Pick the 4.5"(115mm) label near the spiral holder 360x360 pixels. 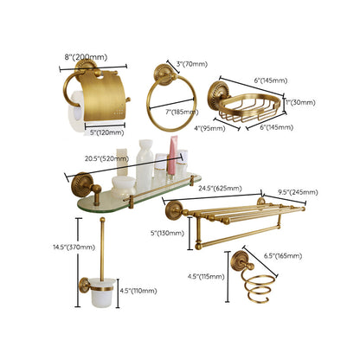pyautogui.click(x=205, y=277)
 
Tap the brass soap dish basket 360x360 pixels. pyautogui.click(x=252, y=108)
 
